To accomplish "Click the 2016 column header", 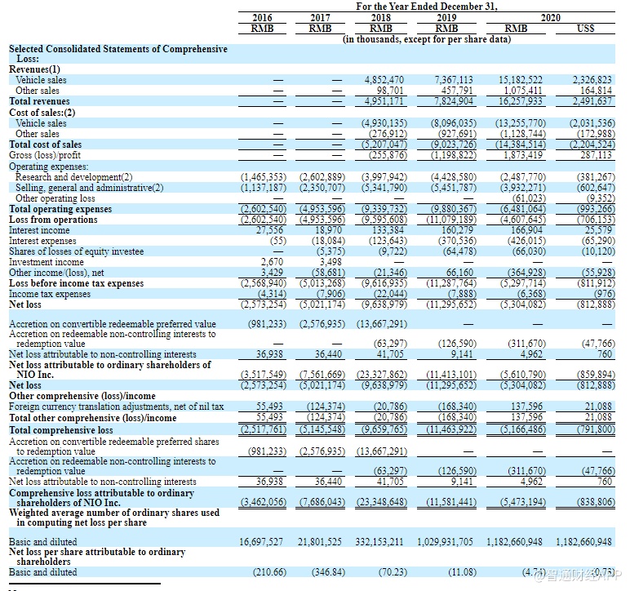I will (x=263, y=16).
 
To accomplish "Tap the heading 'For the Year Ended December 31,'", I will (x=427, y=6).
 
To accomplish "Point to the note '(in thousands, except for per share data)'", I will (x=427, y=38).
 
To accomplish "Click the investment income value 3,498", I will (x=331, y=261).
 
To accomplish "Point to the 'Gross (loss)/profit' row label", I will (x=45, y=154).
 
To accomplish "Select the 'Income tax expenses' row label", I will (x=50, y=293).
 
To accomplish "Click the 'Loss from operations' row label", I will (x=53, y=219).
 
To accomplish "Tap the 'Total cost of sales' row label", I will (x=46, y=144).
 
